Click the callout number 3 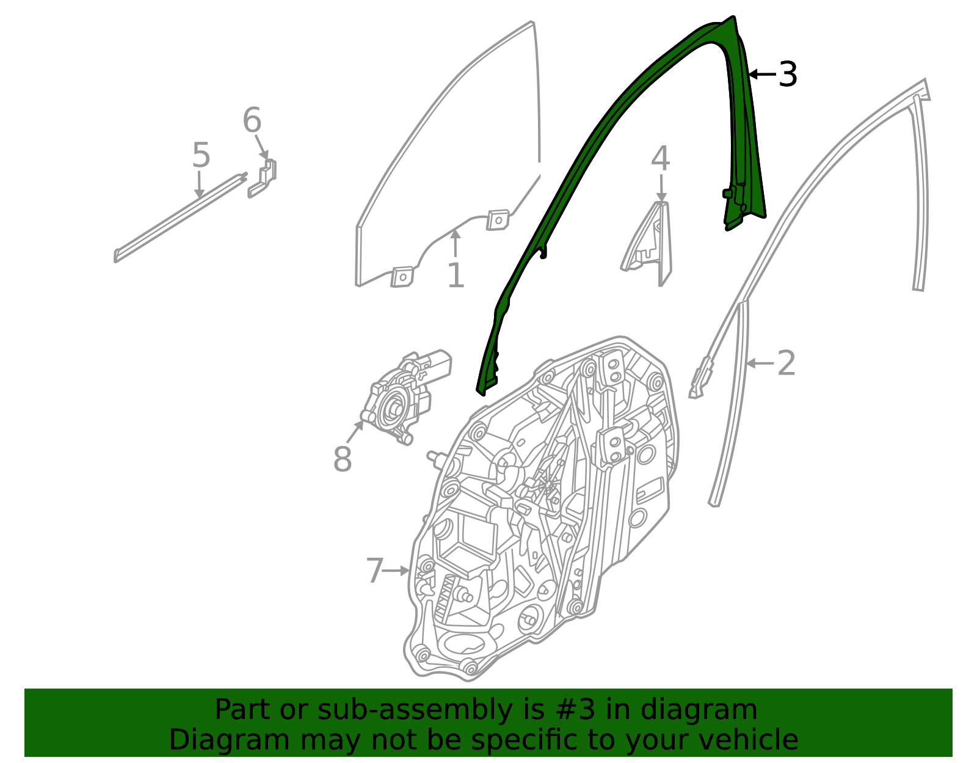coord(787,74)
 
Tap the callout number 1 coord(456,275)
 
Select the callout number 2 coord(786,363)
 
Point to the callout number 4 coord(661,158)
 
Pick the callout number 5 coord(201,155)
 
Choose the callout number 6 coord(252,120)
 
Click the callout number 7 coord(374,571)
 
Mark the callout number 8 coord(342,459)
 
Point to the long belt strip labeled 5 coord(180,217)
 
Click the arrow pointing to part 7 coord(396,571)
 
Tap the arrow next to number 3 coord(763,74)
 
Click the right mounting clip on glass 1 coord(498,220)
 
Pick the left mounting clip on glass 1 coord(402,277)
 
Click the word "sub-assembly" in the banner coord(415,710)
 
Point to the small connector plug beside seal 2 coord(700,378)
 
